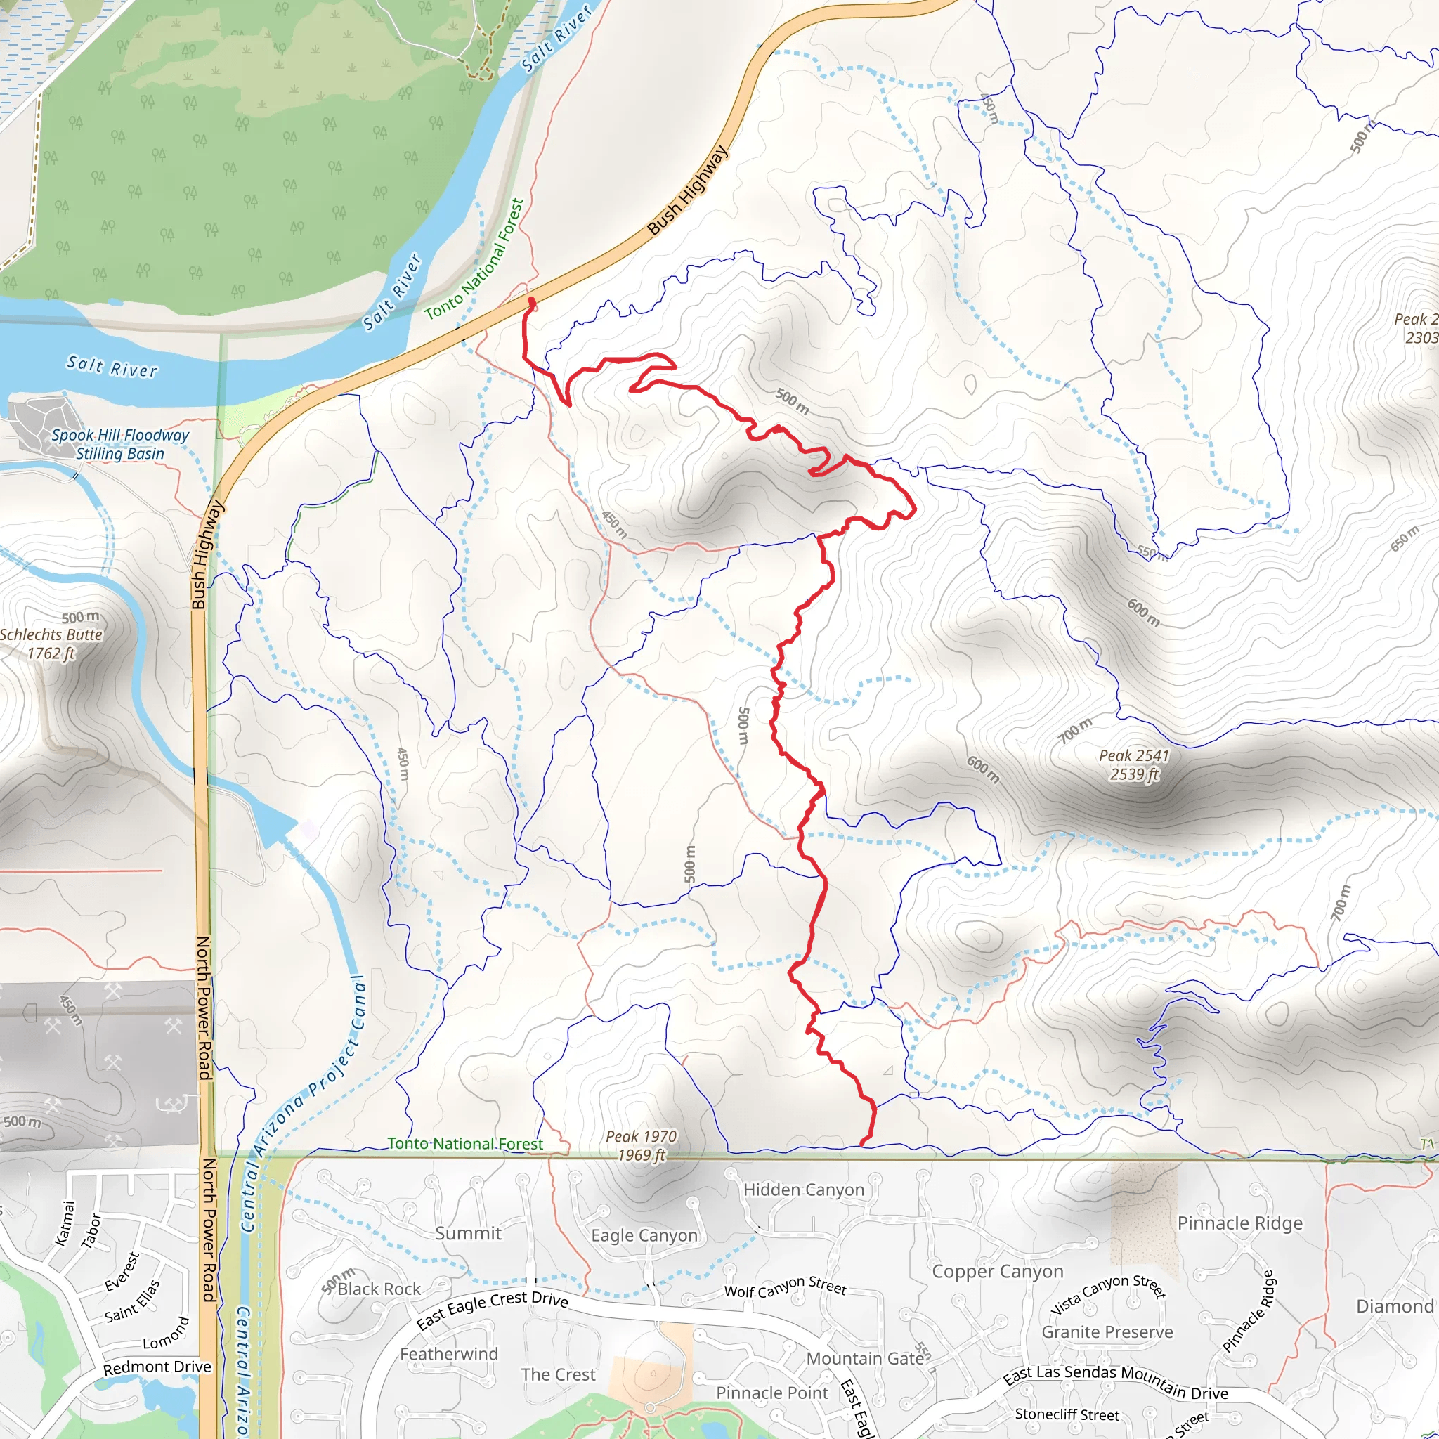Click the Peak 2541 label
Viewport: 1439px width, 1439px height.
[x=1134, y=765]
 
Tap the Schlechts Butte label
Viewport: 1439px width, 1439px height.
[x=51, y=644]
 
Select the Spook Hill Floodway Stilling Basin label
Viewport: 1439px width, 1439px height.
[x=120, y=444]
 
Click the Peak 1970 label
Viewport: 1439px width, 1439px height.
[x=641, y=1145]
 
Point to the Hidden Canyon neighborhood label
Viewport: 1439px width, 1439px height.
[x=804, y=1190]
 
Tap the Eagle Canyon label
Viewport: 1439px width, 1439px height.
[x=644, y=1236]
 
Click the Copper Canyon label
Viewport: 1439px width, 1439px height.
[x=997, y=1271]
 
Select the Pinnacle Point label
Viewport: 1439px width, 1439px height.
[x=771, y=1393]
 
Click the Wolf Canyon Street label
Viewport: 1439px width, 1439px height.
[x=785, y=1287]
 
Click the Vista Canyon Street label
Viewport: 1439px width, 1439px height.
[x=1107, y=1294]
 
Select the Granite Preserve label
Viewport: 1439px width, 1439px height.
[x=1107, y=1331]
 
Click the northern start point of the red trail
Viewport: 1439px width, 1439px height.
[x=531, y=301]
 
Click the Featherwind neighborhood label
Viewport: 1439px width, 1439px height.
[x=448, y=1354]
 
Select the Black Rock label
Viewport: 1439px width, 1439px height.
[x=379, y=1289]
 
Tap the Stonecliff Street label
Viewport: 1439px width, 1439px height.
[x=1067, y=1414]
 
